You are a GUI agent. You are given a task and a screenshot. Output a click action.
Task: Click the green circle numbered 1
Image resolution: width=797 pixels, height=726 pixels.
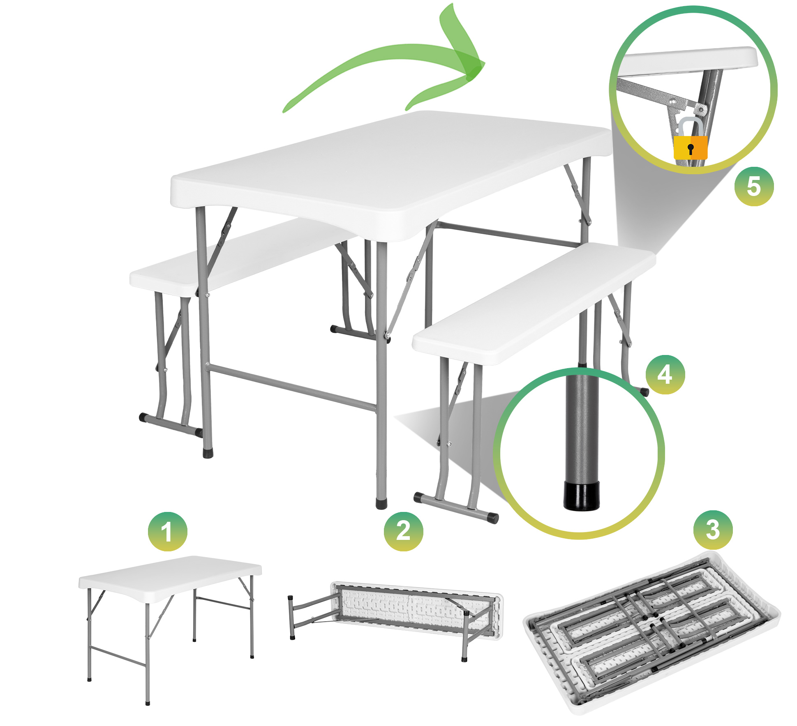tap(167, 531)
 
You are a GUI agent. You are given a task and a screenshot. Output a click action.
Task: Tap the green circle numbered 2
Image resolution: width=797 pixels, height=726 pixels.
tap(403, 531)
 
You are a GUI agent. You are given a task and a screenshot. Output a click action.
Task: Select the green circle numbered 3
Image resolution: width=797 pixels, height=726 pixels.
tap(713, 530)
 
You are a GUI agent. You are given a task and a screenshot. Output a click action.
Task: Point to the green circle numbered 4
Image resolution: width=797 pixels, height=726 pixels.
tap(665, 375)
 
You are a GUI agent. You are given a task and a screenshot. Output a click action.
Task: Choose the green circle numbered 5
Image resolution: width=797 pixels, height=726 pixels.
tap(754, 186)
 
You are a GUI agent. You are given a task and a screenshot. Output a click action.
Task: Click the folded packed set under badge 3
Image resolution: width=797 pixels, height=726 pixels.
tap(651, 633)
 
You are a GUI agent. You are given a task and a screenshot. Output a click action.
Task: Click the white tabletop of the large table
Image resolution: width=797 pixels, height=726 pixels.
tap(390, 173)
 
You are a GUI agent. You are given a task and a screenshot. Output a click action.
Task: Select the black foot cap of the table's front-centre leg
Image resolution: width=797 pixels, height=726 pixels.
tap(381, 504)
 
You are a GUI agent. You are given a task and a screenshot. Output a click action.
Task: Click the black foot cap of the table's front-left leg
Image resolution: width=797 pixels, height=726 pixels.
tap(208, 453)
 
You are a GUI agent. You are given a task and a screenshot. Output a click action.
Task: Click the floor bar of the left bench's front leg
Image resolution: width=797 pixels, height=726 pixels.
tap(171, 425)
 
